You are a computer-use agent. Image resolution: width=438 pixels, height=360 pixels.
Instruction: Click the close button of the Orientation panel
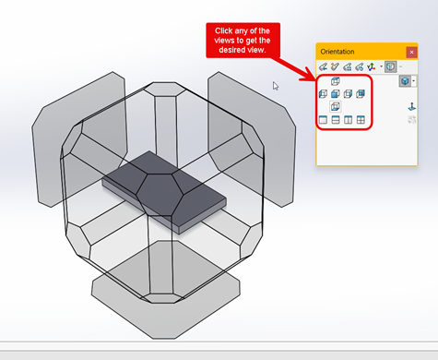point(411,52)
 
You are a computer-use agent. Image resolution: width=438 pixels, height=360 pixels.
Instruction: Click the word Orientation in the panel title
point(337,52)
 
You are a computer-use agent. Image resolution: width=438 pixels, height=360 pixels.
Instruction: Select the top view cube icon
point(336,81)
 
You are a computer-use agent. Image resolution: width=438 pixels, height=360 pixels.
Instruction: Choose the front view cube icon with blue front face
point(336,94)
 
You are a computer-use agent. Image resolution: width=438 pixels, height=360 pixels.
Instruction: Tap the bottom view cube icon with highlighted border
point(336,107)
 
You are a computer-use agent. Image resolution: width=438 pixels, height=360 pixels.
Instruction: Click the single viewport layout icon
point(323,120)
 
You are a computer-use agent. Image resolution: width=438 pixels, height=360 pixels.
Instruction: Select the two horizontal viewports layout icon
point(336,120)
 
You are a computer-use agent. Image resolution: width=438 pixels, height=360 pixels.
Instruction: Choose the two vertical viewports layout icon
point(348,120)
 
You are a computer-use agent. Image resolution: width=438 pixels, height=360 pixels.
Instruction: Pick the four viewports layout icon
point(361,120)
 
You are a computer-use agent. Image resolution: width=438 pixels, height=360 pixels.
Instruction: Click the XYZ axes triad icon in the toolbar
point(372,66)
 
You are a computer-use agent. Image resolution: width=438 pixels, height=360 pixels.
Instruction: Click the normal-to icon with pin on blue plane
point(411,107)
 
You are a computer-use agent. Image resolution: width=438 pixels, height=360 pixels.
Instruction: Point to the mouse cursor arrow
point(275,86)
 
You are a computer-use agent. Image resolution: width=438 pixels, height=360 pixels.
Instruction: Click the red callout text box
point(243,41)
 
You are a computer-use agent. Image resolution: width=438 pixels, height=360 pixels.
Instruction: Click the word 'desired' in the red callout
point(230,50)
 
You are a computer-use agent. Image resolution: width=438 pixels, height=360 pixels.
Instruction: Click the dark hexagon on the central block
point(160,195)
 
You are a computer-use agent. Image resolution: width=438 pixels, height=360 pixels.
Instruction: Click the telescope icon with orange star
point(335,66)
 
